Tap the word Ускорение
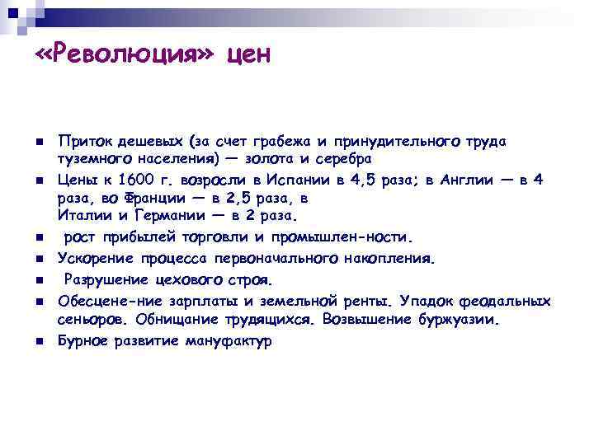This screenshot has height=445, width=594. tap(92, 259)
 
